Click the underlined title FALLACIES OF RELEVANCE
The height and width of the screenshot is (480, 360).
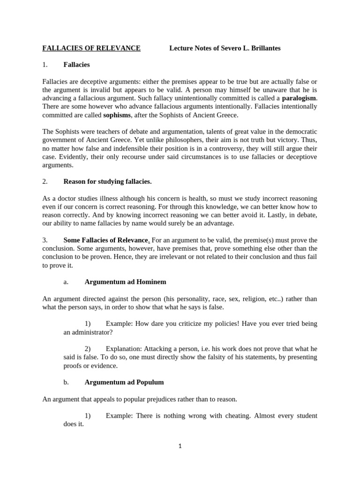(x=91, y=48)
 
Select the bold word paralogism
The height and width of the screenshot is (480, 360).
(x=299, y=98)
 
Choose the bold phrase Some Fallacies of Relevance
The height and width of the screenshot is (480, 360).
(x=105, y=240)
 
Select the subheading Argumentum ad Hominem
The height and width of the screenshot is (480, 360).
(x=125, y=282)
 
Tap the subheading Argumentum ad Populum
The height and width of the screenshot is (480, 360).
(x=124, y=382)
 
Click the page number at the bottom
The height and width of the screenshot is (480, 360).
(x=180, y=446)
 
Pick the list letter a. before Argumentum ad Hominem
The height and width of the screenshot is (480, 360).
(x=66, y=282)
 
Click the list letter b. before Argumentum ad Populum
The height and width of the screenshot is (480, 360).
(x=66, y=382)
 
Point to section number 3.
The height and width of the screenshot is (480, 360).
(x=45, y=240)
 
